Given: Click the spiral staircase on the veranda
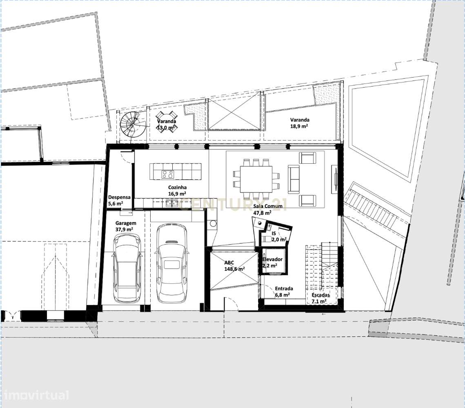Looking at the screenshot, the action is [133, 124].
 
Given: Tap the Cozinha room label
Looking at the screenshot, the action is [177, 187].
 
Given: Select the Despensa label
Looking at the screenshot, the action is [119, 197].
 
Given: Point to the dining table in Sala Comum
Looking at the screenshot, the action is [256, 179].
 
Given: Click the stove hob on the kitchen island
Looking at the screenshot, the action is [167, 174].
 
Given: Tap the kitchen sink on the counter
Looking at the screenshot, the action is [171, 203].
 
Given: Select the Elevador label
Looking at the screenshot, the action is [273, 259].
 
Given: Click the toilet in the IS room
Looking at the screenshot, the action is [266, 239].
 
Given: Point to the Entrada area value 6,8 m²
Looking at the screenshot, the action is [283, 295].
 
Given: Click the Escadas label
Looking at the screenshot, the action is [320, 295].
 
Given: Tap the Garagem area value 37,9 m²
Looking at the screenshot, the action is [124, 230].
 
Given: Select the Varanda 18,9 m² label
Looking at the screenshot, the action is [300, 123].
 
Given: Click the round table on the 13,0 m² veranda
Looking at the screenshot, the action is [167, 122].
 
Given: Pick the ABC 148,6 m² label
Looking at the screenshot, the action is [235, 266].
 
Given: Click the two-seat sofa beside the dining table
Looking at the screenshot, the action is [294, 179].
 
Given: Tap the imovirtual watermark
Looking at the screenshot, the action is [35, 395].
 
